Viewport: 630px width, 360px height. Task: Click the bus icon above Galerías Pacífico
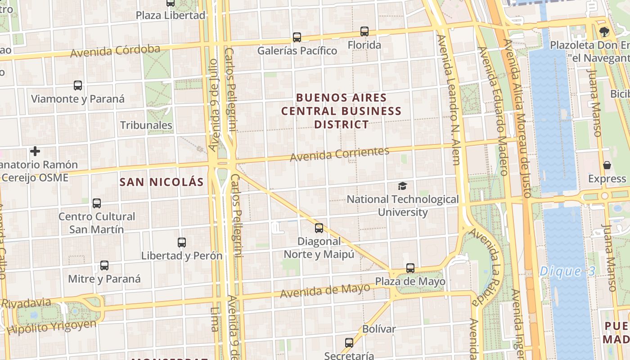coord(297,37)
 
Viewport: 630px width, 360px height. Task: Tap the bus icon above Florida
coord(364,31)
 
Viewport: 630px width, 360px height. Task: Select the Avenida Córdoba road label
coord(115,51)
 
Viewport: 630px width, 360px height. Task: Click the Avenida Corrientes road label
coord(339,154)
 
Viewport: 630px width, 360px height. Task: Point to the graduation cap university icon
coord(402,186)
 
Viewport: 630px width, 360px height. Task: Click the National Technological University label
coord(402,205)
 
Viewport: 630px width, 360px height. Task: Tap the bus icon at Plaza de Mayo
coord(410,268)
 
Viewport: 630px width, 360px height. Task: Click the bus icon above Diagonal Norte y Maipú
coord(319,228)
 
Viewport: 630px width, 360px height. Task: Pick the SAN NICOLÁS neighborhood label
coord(162,182)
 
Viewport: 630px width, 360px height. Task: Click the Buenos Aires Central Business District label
coord(342,111)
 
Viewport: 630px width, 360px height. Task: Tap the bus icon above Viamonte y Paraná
coord(78,85)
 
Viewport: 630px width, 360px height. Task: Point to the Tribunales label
coord(146,125)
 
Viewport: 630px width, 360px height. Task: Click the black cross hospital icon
coord(35,151)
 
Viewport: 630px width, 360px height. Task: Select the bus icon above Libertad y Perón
coord(182,243)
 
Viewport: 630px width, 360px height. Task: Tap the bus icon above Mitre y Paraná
coord(104,265)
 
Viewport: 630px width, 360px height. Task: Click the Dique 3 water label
coord(567,271)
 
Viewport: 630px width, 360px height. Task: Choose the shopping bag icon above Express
coord(607,166)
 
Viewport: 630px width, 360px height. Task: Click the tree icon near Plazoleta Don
coord(604,31)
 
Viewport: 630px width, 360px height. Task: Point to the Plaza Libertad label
coord(171,15)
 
